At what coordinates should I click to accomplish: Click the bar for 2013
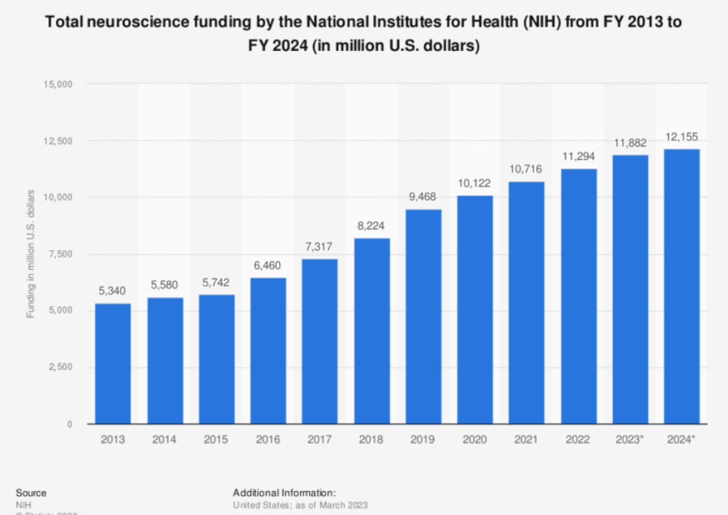pos(113,363)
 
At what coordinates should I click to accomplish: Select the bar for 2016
pos(268,350)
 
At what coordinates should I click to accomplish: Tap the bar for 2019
pos(423,316)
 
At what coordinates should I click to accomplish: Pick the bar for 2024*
pos(682,286)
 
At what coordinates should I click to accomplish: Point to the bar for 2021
pos(527,302)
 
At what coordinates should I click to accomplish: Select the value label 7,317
pos(320,247)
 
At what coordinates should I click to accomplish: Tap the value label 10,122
pos(475,184)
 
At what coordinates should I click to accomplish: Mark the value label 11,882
pos(630,144)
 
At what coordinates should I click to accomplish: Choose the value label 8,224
pos(372,227)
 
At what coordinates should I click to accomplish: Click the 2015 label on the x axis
pos(216,440)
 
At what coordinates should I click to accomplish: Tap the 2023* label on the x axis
pos(630,440)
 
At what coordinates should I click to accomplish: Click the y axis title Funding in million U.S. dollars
pos(31,254)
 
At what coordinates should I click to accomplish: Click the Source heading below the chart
pos(31,493)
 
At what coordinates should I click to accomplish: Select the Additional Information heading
pos(284,493)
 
